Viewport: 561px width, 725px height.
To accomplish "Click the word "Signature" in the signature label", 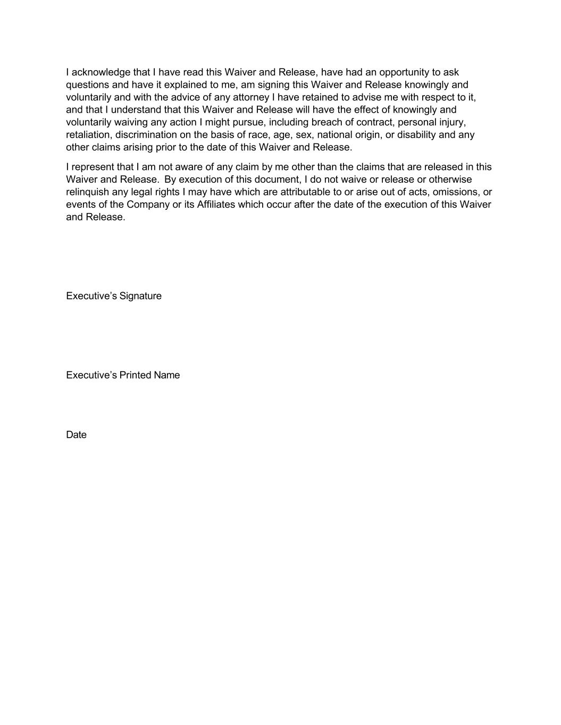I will coord(140,296).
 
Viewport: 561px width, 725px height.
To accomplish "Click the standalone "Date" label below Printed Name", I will coord(76,434).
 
